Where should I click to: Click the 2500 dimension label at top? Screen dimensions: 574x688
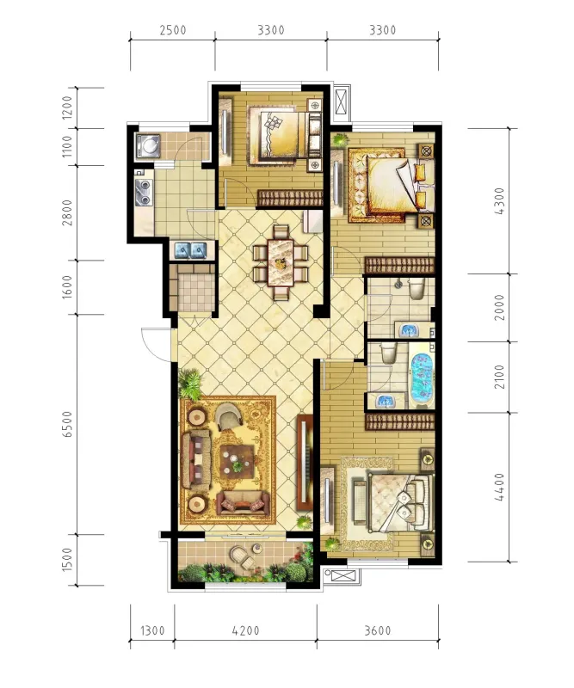pos(173,30)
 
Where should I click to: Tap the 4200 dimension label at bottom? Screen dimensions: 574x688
pos(246,630)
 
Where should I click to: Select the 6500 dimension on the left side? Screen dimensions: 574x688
pos(67,424)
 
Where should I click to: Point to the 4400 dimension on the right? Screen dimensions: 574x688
pos(499,487)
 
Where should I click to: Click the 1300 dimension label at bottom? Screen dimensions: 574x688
pos(152,630)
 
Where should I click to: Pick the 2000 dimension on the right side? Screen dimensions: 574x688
pos(499,307)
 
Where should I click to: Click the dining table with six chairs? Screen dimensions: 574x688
pos(281,262)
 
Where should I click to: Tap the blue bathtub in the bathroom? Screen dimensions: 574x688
pos(421,376)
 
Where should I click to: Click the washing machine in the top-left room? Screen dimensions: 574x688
pos(148,145)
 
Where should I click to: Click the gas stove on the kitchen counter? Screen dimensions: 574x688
pos(144,193)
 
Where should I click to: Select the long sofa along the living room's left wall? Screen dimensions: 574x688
pos(196,460)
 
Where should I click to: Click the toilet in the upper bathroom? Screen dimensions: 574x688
pos(416,289)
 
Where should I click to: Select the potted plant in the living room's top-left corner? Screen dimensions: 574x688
pos(190,383)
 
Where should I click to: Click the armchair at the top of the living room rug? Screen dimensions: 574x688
pos(229,415)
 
